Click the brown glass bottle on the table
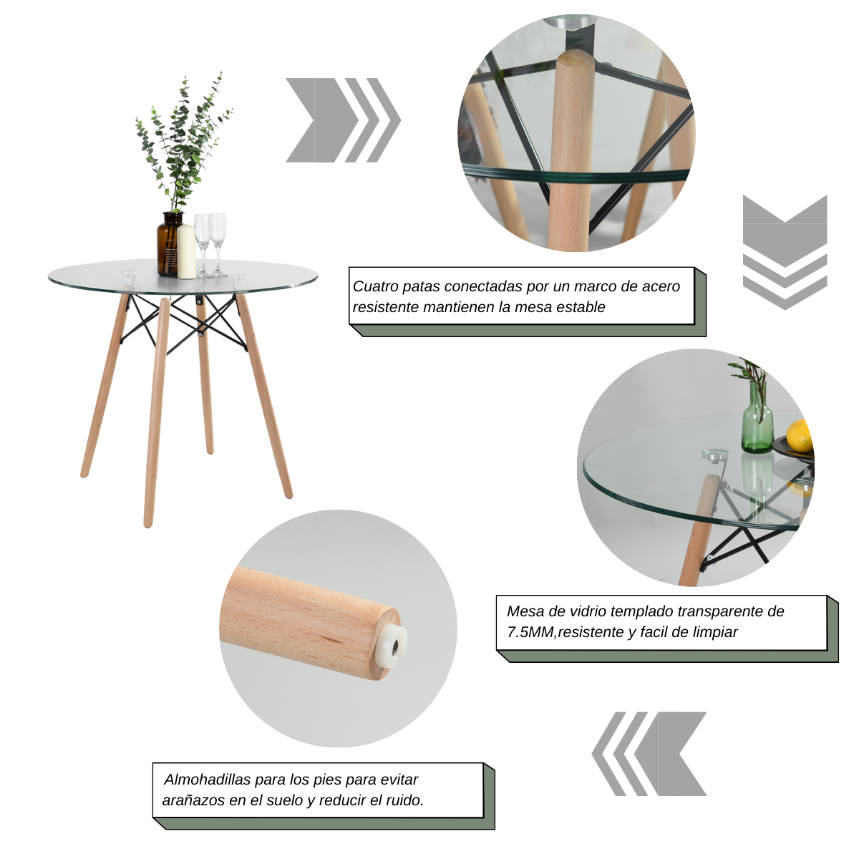pyautogui.click(x=169, y=243)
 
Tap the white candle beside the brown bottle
pyautogui.click(x=186, y=252)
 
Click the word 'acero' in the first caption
pyautogui.click(x=661, y=286)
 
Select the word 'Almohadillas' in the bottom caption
pyautogui.click(x=208, y=780)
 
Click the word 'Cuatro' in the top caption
pyautogui.click(x=375, y=286)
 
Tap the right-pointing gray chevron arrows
pyautogui.click(x=343, y=120)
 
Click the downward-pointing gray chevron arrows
pyautogui.click(x=785, y=252)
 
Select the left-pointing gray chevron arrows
pyautogui.click(x=649, y=754)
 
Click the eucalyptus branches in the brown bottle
pyautogui.click(x=183, y=143)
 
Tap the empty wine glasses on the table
pyautogui.click(x=210, y=240)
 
